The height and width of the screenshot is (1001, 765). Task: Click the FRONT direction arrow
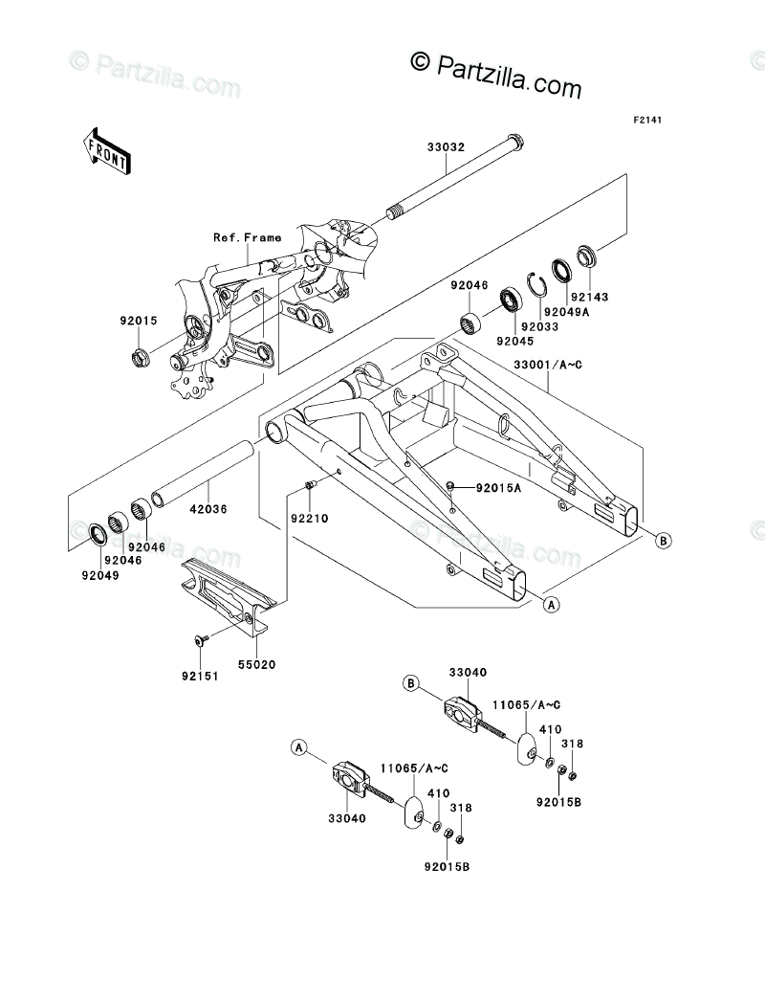click(x=106, y=149)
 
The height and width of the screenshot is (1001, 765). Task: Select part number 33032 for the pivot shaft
click(x=447, y=148)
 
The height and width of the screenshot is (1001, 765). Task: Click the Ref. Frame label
click(x=248, y=237)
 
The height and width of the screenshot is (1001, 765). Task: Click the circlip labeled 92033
click(x=539, y=282)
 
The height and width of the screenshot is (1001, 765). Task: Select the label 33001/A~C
click(x=548, y=365)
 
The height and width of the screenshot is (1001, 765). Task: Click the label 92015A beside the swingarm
click(x=500, y=488)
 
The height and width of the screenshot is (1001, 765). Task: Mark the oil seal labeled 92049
click(x=98, y=533)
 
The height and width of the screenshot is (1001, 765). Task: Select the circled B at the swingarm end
click(x=663, y=541)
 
